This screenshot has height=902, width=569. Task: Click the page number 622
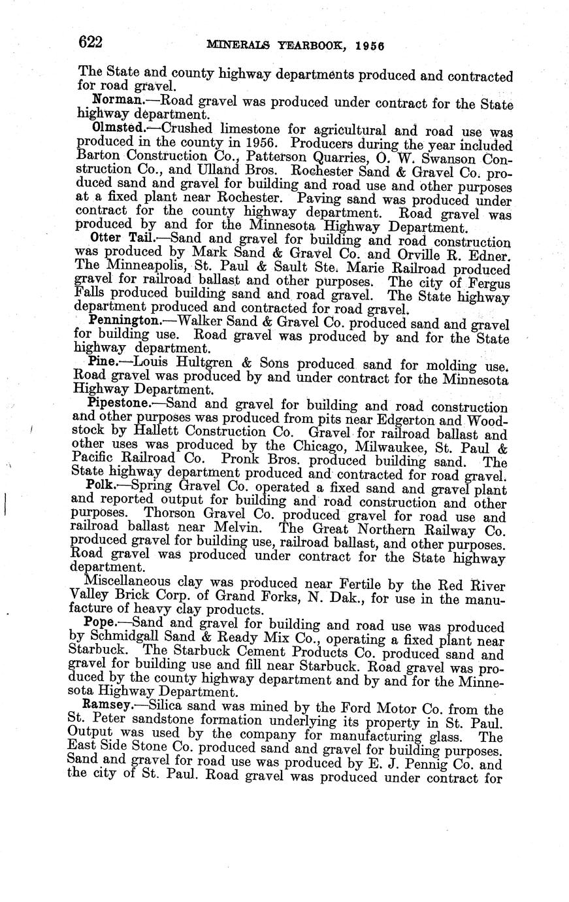click(90, 43)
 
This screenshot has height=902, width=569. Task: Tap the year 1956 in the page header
click(370, 46)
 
